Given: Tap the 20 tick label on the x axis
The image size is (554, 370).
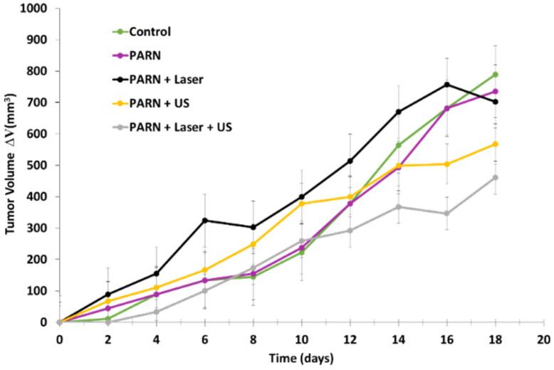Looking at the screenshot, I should tap(543, 339).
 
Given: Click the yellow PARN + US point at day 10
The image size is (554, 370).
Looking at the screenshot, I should tap(302, 203).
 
